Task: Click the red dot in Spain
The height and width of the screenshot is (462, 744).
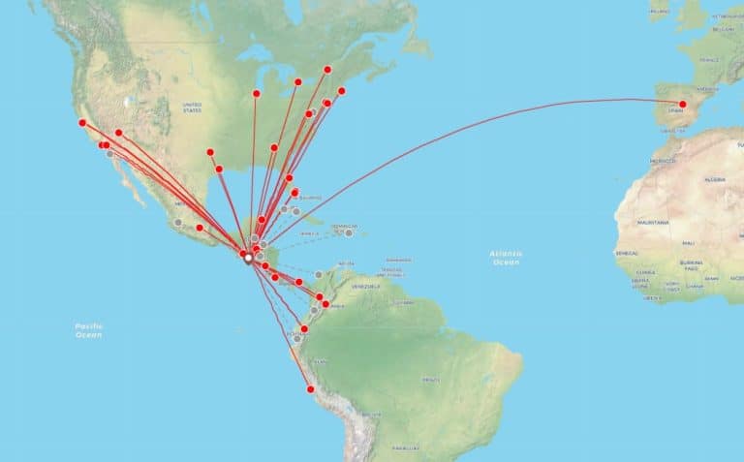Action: (682, 104)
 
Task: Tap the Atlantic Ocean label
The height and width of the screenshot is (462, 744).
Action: (506, 257)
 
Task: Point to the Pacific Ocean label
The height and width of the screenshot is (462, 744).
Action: (89, 330)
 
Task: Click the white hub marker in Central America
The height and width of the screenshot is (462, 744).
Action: (248, 258)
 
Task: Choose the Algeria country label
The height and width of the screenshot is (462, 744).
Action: (715, 179)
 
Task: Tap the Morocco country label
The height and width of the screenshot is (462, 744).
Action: (664, 160)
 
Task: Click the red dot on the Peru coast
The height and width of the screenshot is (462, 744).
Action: (311, 389)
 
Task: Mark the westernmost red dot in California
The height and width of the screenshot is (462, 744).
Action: (82, 123)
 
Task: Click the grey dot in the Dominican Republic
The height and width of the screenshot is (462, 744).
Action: (348, 232)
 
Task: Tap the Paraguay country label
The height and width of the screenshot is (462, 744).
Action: (404, 447)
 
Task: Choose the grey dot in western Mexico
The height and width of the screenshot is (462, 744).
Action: (178, 222)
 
